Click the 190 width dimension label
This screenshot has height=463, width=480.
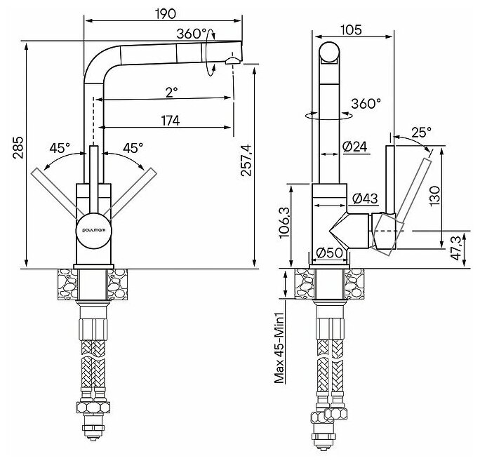pyautogui.click(x=166, y=13)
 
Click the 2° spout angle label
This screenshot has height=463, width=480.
pyautogui.click(x=173, y=92)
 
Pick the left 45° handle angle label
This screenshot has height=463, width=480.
pyautogui.click(x=60, y=148)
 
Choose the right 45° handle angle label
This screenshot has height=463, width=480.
pyautogui.click(x=133, y=148)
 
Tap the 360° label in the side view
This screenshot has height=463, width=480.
pyautogui.click(x=366, y=103)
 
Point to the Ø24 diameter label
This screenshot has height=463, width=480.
pyautogui.click(x=356, y=146)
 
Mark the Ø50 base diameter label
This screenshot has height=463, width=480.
pyautogui.click(x=329, y=253)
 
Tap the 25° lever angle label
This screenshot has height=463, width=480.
pyautogui.click(x=420, y=131)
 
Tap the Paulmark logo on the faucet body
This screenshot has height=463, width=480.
pyautogui.click(x=92, y=228)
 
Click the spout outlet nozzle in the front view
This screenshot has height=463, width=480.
pyautogui.click(x=232, y=62)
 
